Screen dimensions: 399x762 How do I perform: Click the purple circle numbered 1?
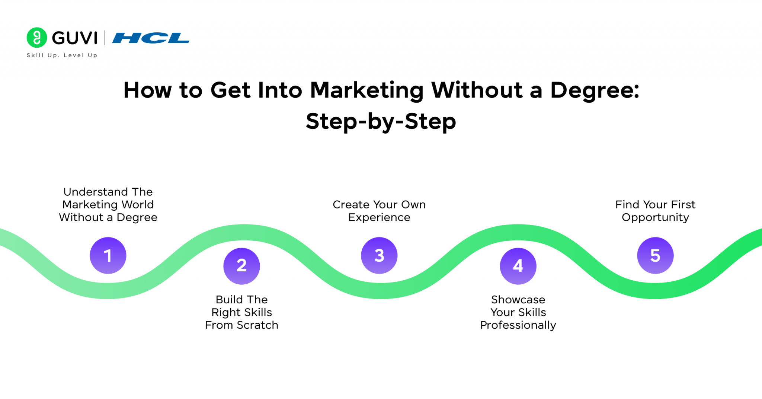[x=108, y=256]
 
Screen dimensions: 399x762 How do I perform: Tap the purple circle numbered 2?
[x=241, y=266]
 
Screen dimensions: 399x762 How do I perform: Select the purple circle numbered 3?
[x=379, y=256]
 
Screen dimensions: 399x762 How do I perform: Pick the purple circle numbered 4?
[x=518, y=266]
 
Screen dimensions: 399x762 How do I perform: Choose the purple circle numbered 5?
[x=655, y=256]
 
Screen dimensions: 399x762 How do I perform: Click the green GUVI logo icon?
[x=37, y=38]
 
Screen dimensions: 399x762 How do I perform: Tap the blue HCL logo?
[x=151, y=38]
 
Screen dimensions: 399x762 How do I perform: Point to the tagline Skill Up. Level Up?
[x=62, y=55]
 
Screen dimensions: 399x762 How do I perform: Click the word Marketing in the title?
[x=366, y=90]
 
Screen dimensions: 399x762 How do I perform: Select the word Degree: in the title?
[x=595, y=90]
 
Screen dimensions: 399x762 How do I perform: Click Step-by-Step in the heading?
[x=381, y=121]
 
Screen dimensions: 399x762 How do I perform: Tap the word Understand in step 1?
[x=95, y=192]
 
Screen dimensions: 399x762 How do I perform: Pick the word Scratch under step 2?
[x=257, y=325]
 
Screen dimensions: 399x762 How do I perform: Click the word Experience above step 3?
[x=379, y=217]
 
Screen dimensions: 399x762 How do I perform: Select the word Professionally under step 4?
[x=518, y=325]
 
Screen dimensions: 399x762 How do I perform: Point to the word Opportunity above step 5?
[x=655, y=217]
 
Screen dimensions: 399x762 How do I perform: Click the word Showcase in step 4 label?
[x=518, y=300]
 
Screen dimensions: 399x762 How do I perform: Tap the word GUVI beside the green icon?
[x=75, y=38]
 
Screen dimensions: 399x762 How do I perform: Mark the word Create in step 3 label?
[x=351, y=205]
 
